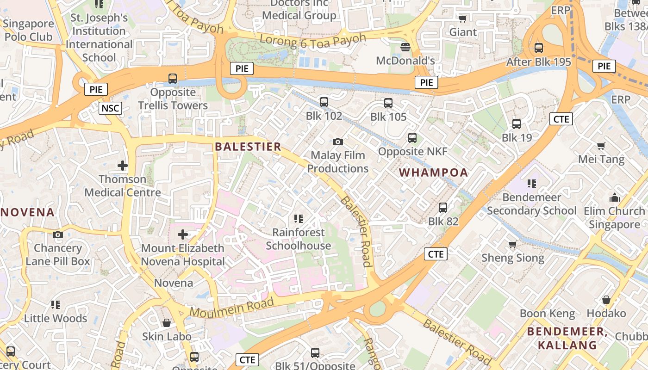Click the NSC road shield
(x=110, y=109)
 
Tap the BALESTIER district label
(x=248, y=147)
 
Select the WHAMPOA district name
(x=434, y=173)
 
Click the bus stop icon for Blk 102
(x=324, y=102)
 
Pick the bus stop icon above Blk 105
(x=388, y=103)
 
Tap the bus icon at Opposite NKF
(x=412, y=138)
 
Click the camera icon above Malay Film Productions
(x=338, y=142)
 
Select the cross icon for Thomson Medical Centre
(x=123, y=165)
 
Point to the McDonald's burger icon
(x=405, y=47)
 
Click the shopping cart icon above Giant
(x=462, y=18)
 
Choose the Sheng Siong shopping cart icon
(x=512, y=244)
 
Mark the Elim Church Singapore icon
(x=614, y=197)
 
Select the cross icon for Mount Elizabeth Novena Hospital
(x=183, y=234)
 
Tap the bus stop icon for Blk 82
(x=443, y=208)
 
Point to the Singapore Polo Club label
(x=29, y=30)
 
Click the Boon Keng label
(x=547, y=314)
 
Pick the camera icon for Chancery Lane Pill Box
(x=58, y=235)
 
